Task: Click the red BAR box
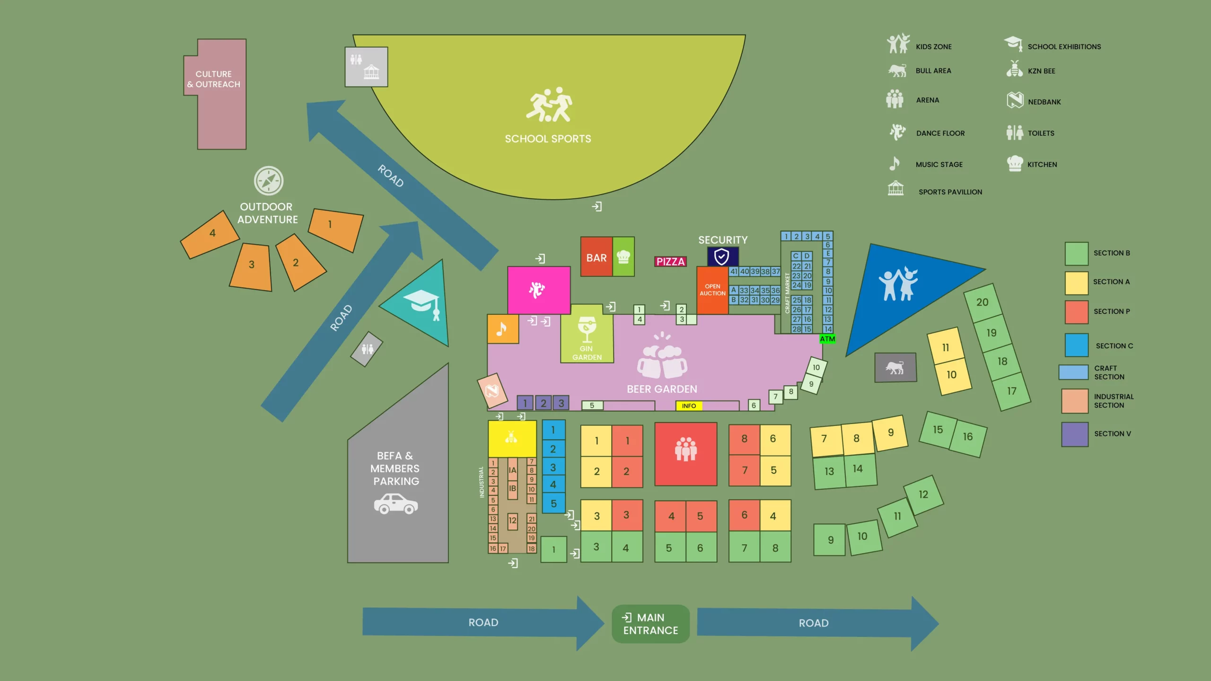597,257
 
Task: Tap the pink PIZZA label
670,262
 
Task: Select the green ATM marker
827,339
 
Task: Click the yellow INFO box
689,406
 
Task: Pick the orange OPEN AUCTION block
712,290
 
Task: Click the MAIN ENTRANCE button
650,624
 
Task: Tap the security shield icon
721,257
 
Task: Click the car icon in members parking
396,504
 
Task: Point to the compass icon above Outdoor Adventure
269,181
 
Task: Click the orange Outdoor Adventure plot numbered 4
210,234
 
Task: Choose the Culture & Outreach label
214,79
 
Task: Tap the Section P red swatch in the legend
1077,312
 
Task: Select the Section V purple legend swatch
1075,434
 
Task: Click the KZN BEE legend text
1042,71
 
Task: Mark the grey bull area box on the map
895,367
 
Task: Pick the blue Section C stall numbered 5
553,504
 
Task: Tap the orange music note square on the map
503,328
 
